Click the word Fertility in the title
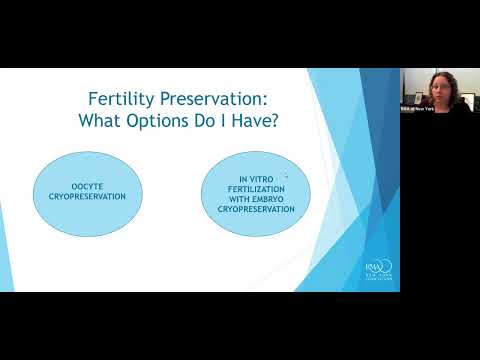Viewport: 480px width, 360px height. click(118, 101)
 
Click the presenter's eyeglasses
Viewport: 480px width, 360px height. click(440, 85)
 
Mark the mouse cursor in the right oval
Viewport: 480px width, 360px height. click(286, 175)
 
